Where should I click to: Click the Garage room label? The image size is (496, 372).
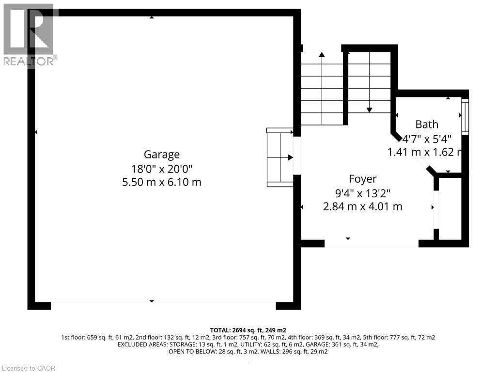point(162,155)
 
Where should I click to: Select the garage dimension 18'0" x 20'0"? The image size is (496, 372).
point(162,169)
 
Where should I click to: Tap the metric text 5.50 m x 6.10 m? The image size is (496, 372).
point(162,182)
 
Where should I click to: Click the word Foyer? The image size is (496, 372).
point(363,179)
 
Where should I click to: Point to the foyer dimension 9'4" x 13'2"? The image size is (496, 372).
point(363,193)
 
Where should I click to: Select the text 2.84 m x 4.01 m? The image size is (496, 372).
point(363,206)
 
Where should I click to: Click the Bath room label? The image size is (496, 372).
point(426,124)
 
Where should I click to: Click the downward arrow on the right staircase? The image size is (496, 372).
point(369,109)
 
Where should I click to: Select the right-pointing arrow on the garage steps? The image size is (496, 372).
point(290,157)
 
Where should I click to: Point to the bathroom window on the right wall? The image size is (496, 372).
point(465,116)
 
